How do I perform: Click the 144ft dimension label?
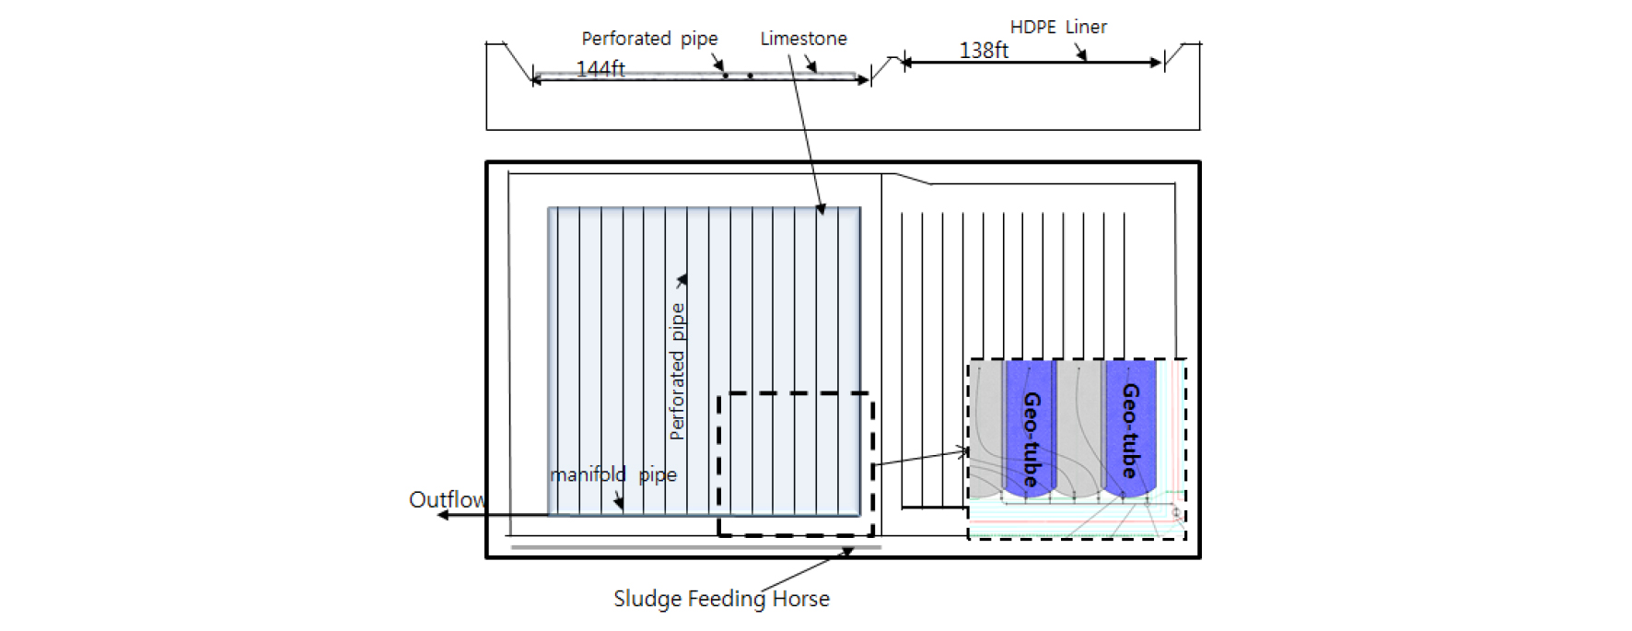[x=600, y=69]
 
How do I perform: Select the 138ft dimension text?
[x=984, y=51]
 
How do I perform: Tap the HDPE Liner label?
[x=1058, y=27]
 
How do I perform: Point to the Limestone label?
[x=803, y=39]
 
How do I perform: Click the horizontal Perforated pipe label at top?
[x=649, y=39]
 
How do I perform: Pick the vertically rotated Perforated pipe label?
[x=677, y=371]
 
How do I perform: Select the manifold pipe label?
[x=613, y=474]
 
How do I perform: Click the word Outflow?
[x=448, y=499]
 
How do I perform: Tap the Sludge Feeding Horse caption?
[x=721, y=599]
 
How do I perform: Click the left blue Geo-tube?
[x=1030, y=429]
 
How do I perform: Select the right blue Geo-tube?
[x=1130, y=429]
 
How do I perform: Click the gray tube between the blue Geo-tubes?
[x=1079, y=429]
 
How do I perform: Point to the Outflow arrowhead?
[x=442, y=515]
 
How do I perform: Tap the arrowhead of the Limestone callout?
[x=822, y=211]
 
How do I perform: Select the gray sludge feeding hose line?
[x=695, y=547]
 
